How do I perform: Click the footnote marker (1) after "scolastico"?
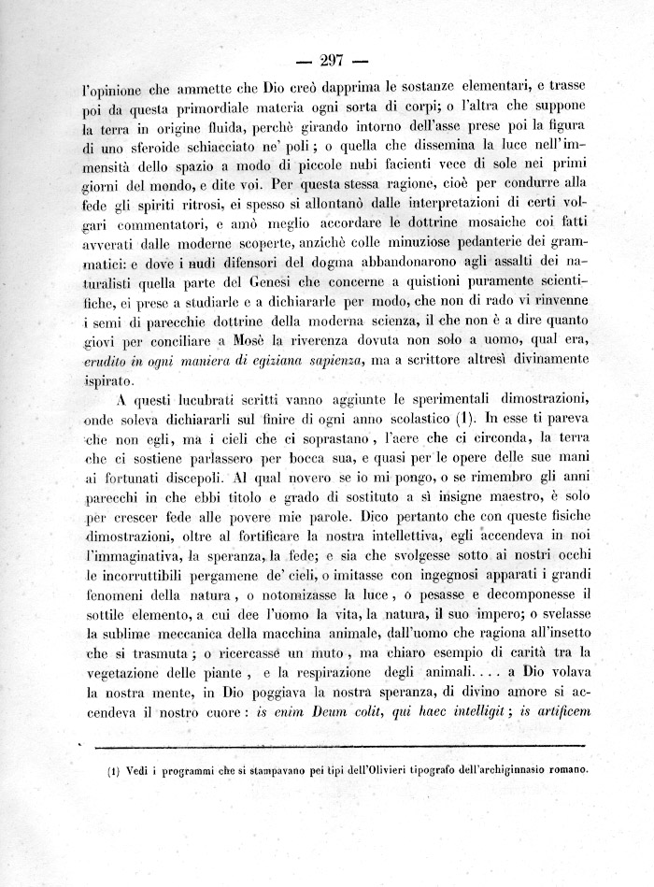click(x=467, y=425)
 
